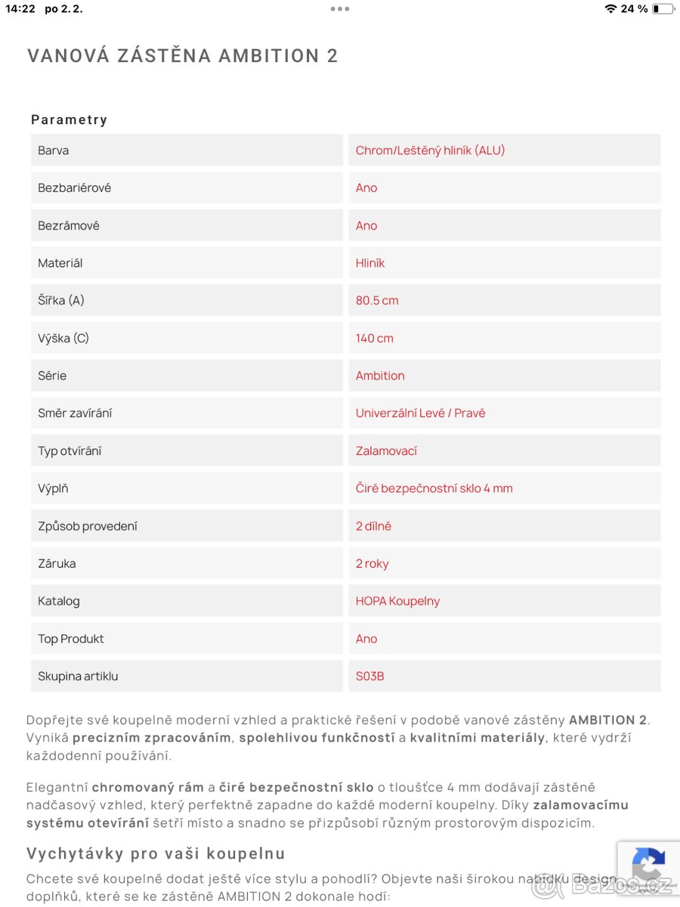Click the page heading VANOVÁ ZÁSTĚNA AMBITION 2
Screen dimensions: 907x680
click(182, 56)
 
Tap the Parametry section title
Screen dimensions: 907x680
click(70, 119)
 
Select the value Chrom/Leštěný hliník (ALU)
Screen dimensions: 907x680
click(430, 150)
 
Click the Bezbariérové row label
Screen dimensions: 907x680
click(75, 188)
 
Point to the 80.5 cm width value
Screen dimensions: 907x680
click(377, 301)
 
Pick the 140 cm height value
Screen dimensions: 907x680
click(375, 339)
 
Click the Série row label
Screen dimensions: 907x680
click(52, 376)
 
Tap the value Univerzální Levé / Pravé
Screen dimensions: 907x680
click(420, 413)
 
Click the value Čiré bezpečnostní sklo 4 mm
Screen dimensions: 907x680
click(434, 488)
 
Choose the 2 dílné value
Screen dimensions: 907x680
click(373, 526)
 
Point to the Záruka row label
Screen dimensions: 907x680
click(57, 564)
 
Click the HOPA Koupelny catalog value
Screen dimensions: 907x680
click(397, 602)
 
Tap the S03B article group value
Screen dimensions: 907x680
click(369, 676)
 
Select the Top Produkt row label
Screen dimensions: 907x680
click(71, 639)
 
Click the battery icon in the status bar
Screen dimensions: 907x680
click(663, 9)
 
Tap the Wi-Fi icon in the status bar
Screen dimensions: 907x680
click(610, 9)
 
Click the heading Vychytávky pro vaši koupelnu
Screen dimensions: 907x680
click(156, 854)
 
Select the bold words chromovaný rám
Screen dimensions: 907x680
click(148, 788)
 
